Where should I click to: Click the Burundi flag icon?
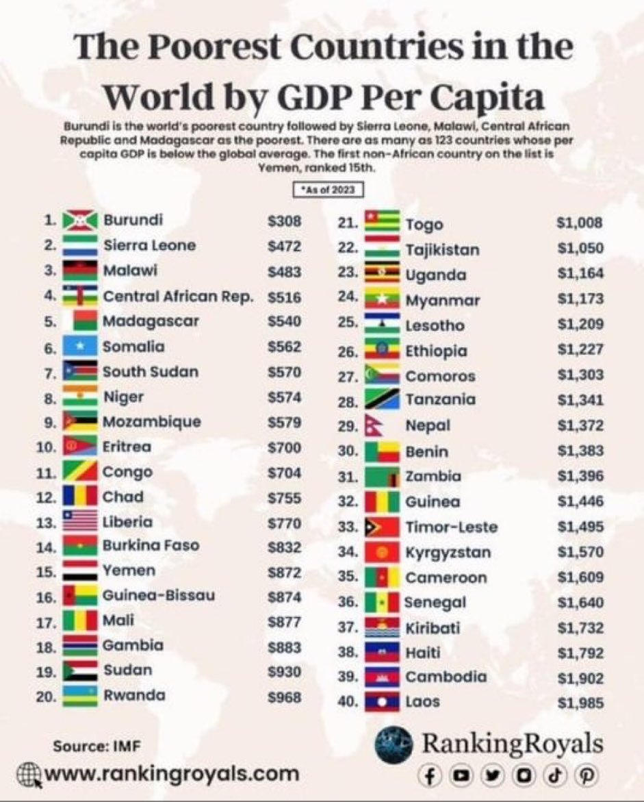(x=80, y=221)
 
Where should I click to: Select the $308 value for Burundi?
(x=284, y=221)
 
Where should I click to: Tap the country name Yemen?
(x=129, y=571)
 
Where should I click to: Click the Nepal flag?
(x=377, y=425)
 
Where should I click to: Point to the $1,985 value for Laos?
(x=580, y=702)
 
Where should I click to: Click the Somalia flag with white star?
(x=80, y=347)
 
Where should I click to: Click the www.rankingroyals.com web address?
(x=172, y=774)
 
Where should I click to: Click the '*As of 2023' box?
(x=326, y=191)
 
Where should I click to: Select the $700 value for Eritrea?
(x=284, y=447)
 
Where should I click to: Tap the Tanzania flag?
(x=383, y=400)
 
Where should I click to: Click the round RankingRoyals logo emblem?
(x=395, y=744)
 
